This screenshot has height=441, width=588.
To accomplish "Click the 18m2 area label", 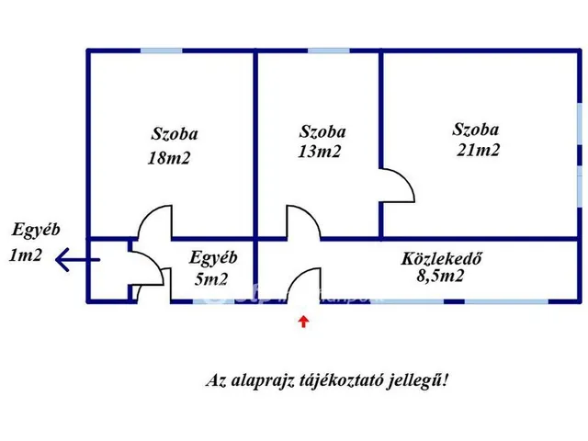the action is click(x=169, y=158).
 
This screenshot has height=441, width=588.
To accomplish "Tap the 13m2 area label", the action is click(x=320, y=152).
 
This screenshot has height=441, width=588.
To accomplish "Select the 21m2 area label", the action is click(x=478, y=151).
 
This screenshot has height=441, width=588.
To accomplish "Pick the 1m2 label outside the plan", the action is click(x=26, y=255).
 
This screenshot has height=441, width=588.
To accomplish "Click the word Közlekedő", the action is click(x=441, y=257).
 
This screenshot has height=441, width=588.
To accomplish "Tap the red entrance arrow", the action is click(x=303, y=321).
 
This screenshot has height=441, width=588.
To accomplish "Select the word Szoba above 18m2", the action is click(x=175, y=134).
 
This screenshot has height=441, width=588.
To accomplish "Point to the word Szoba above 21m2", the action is click(x=476, y=130).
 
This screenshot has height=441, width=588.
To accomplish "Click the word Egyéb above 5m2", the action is click(x=213, y=258).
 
